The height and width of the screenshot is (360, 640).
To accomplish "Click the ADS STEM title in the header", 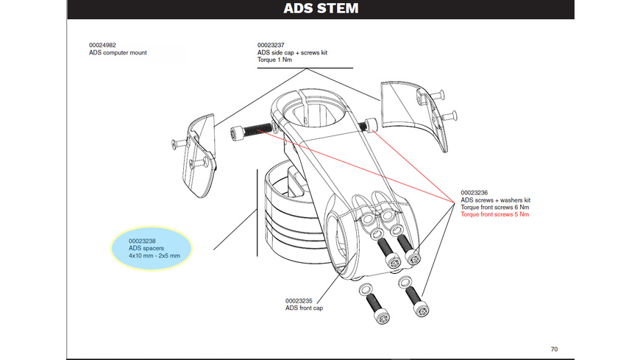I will [320, 10].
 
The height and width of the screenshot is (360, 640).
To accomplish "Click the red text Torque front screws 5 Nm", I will [495, 215].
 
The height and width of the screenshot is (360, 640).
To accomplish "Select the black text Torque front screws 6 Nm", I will [495, 208].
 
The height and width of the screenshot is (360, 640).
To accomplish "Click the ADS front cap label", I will [304, 308].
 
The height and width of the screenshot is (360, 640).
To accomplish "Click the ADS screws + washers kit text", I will [495, 200].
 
